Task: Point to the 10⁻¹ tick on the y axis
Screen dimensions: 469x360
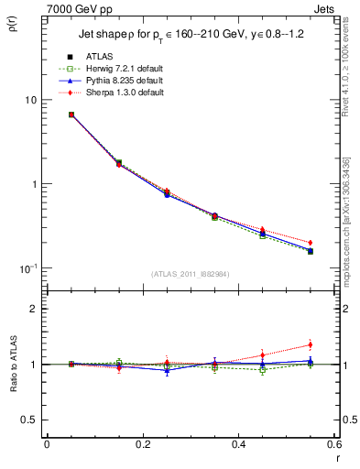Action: coord(32,267)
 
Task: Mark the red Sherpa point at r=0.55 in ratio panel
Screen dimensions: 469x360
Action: coord(310,345)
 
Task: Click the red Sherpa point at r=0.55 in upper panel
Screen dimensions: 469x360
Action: coord(310,243)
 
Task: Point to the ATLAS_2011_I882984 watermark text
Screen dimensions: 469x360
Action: coord(190,274)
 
